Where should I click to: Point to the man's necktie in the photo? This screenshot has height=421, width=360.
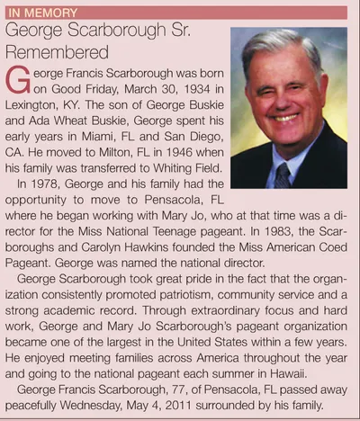click(283, 172)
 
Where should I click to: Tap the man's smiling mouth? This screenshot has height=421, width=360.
click(286, 117)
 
